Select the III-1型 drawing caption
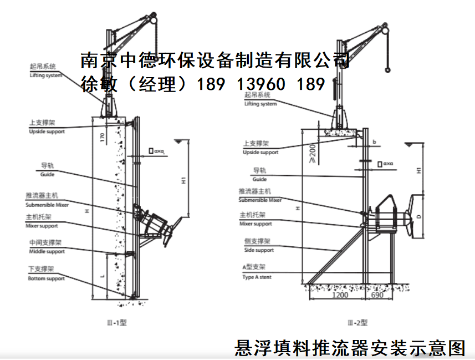pyautogui.click(x=116, y=322)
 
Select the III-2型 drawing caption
pyautogui.click(x=357, y=322)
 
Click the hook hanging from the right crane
pyautogui.click(x=387, y=69)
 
